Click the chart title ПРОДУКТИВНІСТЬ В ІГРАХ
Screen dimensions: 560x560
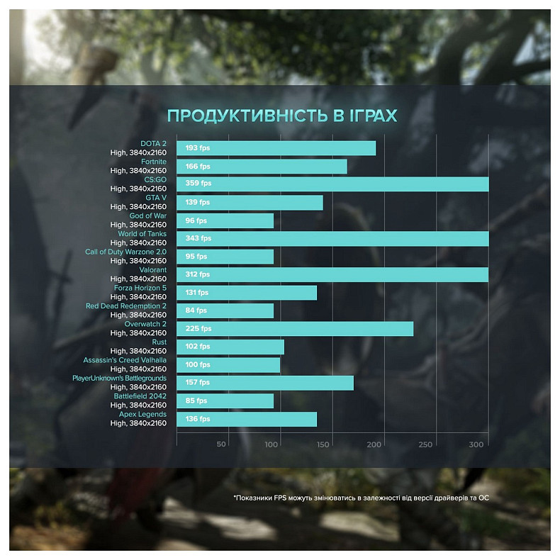pos(281,116)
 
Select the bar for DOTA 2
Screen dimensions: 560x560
pos(276,148)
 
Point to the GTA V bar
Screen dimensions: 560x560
pos(250,203)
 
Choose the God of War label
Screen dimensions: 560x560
pos(147,215)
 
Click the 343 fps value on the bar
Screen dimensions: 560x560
pos(198,238)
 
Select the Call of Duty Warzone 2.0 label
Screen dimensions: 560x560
pos(125,252)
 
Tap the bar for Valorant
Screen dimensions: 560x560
pos(332,274)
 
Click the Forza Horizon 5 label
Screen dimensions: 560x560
pos(140,288)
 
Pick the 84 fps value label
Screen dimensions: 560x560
pos(196,310)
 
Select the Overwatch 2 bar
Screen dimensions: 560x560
pos(294,329)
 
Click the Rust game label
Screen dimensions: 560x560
pos(159,342)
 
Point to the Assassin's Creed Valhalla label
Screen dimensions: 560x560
pos(125,360)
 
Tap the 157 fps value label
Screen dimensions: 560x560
pos(198,383)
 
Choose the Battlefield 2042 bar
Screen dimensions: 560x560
pos(225,401)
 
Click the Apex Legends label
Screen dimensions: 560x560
pos(142,414)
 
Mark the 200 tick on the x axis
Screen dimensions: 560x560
pos(374,444)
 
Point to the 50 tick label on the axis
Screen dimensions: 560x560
pos(221,444)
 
